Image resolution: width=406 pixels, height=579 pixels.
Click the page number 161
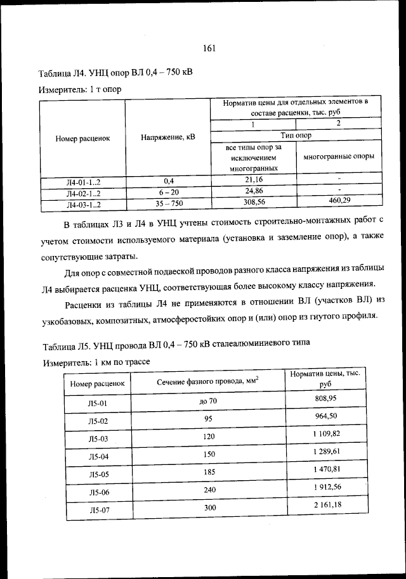[211, 48]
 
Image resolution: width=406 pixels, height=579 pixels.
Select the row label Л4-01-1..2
[84, 182]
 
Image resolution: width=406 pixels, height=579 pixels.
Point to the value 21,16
[254, 180]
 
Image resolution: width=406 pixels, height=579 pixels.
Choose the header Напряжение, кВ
[169, 137]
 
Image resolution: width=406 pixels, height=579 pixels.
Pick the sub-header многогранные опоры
[339, 156]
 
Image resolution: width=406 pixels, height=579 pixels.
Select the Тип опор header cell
[296, 135]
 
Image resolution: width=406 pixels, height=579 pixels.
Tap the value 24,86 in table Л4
[254, 190]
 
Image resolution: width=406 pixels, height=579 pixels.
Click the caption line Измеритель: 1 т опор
[79, 89]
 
